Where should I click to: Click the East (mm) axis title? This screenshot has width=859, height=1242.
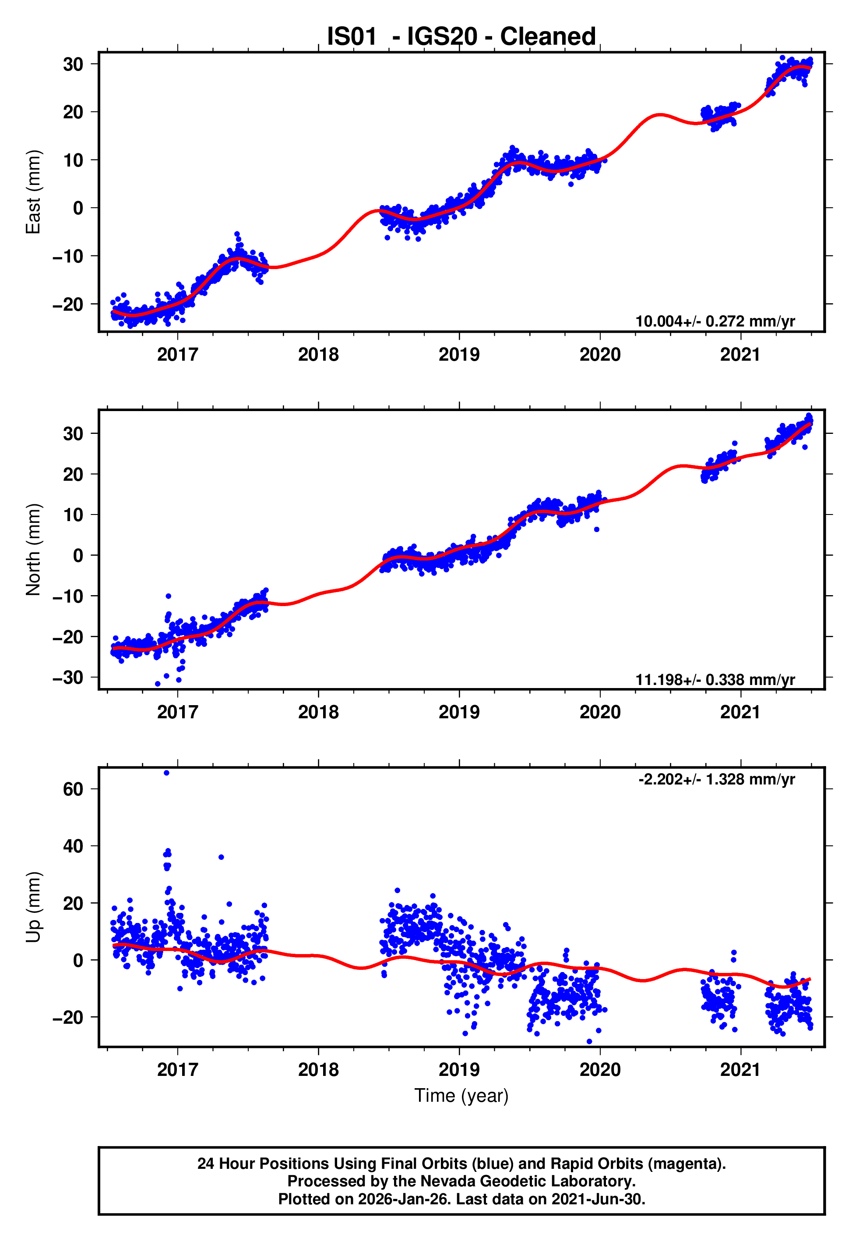tap(33, 192)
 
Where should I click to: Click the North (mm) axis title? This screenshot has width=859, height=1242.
tap(33, 550)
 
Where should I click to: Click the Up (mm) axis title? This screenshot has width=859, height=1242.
tap(33, 907)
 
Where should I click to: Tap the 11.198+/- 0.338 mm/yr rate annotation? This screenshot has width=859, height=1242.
tap(715, 680)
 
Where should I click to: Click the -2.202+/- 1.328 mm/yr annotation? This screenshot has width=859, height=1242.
tap(716, 779)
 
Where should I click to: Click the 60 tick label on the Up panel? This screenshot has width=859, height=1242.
tap(73, 790)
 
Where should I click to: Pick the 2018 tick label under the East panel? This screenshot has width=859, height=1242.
tap(318, 355)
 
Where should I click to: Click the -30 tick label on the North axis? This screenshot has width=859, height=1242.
tap(68, 678)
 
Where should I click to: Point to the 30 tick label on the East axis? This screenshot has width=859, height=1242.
tap(73, 64)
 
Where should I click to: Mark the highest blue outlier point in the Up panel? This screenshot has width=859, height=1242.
tap(166, 773)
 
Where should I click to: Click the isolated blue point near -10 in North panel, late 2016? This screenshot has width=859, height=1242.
tap(169, 596)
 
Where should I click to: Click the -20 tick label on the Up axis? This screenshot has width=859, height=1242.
tap(68, 1018)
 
